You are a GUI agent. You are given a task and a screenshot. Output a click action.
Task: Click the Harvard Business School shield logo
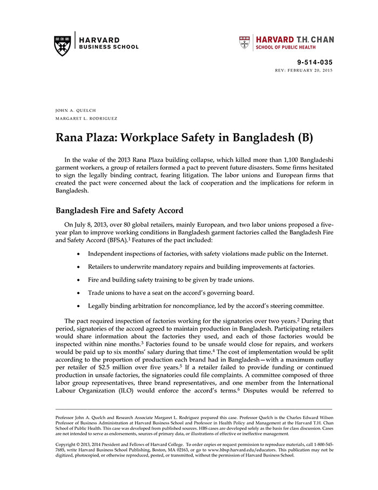pyautogui.click(x=63, y=45)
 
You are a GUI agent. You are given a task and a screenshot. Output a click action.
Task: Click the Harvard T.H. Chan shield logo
pyautogui.click(x=245, y=43)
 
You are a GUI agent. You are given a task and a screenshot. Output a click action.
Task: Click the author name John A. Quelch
pyautogui.click(x=76, y=110)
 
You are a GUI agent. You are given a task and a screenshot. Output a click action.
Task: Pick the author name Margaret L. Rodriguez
pyautogui.click(x=86, y=118)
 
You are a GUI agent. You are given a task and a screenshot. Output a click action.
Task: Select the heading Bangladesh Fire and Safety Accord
pyautogui.click(x=119, y=211)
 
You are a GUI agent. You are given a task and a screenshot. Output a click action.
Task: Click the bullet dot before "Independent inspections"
pyautogui.click(x=79, y=254)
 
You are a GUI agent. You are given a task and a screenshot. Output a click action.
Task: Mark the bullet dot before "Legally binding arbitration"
pyautogui.click(x=79, y=306)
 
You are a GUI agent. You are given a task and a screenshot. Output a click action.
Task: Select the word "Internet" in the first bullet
pyautogui.click(x=313, y=253)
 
